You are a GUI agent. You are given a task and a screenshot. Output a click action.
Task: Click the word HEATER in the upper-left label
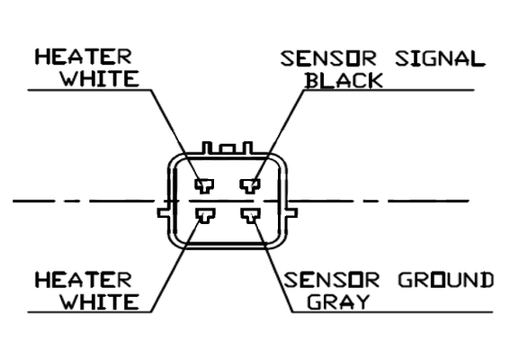click(x=84, y=57)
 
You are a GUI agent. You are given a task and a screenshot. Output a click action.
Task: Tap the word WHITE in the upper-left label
click(x=101, y=78)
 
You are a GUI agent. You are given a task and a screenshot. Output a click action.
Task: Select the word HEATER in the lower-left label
click(x=84, y=280)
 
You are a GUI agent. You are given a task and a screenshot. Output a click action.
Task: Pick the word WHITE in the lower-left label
click(x=101, y=301)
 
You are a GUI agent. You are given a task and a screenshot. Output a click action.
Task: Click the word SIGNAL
click(x=440, y=58)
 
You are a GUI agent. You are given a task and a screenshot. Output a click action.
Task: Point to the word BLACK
click(x=344, y=80)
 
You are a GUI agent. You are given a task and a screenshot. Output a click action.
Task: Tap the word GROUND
click(x=446, y=280)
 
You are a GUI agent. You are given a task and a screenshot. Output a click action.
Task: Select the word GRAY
click(x=338, y=301)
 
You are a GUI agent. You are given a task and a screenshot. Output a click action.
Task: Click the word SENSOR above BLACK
click(x=328, y=58)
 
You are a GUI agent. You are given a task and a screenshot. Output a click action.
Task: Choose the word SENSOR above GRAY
click(x=331, y=280)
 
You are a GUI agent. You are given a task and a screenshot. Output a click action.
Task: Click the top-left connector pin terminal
click(x=204, y=186)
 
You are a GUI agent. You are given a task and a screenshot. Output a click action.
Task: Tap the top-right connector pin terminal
click(x=250, y=186)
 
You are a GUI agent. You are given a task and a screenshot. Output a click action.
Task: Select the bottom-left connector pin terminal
click(x=205, y=216)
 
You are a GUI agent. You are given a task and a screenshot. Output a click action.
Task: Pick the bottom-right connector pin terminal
click(x=250, y=216)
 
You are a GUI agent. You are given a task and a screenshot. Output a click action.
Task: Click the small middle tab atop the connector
click(x=227, y=149)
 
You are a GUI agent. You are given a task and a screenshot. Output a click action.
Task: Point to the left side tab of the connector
click(x=164, y=212)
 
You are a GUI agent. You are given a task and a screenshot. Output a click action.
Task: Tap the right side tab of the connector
click(x=292, y=212)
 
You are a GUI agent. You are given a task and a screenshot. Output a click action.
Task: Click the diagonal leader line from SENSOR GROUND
click(x=273, y=265)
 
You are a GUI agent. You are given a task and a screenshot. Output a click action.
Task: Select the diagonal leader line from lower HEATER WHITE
click(x=176, y=265)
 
